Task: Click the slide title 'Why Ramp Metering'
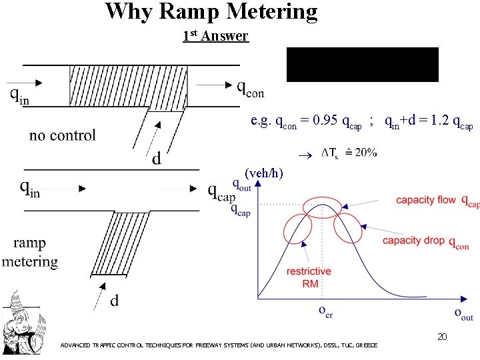tap(211, 11)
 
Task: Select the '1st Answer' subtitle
tap(215, 36)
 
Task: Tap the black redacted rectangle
tap(363, 65)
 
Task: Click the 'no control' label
tap(63, 135)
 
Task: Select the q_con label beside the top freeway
tap(251, 88)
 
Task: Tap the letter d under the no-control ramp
tap(156, 159)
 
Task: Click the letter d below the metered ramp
tap(115, 301)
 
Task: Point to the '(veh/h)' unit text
tap(264, 173)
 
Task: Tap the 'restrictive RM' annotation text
tap(309, 277)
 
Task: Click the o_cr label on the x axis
tap(325, 312)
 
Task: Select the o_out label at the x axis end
tap(463, 313)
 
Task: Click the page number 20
tap(441, 337)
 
